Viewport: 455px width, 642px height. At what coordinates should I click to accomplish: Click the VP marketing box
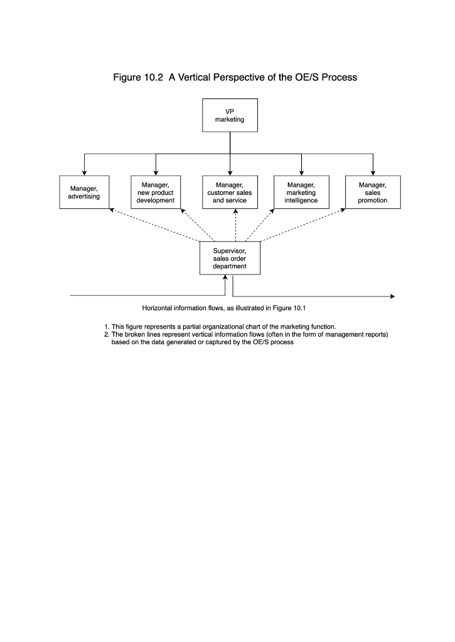click(x=230, y=115)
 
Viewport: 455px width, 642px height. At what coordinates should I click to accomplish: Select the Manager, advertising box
click(x=84, y=192)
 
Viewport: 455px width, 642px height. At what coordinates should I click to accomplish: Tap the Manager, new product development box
click(x=156, y=192)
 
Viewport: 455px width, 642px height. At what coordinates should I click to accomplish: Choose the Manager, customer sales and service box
click(x=230, y=192)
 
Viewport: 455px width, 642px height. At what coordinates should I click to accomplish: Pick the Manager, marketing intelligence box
click(x=301, y=192)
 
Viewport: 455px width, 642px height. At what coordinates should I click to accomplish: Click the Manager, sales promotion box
click(x=373, y=192)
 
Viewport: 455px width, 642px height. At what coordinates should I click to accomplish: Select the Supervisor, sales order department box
click(x=230, y=258)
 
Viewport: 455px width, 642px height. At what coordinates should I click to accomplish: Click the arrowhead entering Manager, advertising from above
click(x=84, y=172)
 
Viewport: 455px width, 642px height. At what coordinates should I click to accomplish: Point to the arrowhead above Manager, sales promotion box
click(x=373, y=172)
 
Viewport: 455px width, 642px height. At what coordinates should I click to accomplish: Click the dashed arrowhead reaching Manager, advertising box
click(x=111, y=211)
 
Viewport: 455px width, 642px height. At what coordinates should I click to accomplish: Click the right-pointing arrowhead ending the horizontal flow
click(x=392, y=296)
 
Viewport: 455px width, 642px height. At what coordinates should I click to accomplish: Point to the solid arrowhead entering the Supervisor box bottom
click(x=225, y=278)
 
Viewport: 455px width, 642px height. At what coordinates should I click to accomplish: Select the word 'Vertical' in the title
click(x=200, y=78)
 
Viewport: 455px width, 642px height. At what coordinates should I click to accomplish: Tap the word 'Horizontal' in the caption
click(x=159, y=308)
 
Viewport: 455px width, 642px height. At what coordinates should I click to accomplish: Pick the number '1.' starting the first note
click(x=107, y=326)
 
